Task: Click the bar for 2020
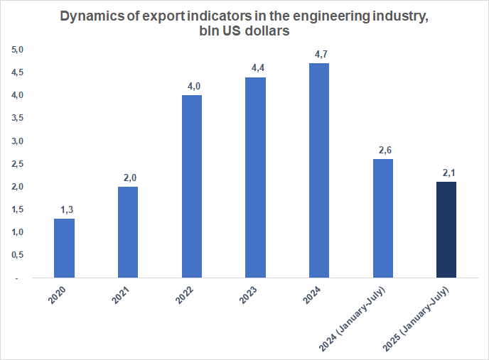[x=64, y=248]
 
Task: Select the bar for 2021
[x=128, y=232]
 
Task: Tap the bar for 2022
[x=192, y=186]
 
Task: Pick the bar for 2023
[x=255, y=177]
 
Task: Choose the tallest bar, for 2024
[x=319, y=170]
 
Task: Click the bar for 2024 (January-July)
[x=382, y=218]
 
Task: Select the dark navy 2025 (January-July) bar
[x=446, y=229]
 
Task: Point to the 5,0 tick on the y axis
[x=17, y=50]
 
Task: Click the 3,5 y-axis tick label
[x=17, y=119]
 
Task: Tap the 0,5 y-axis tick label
[x=17, y=255]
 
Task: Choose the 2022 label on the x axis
[x=186, y=297]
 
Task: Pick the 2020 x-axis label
[x=59, y=297]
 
